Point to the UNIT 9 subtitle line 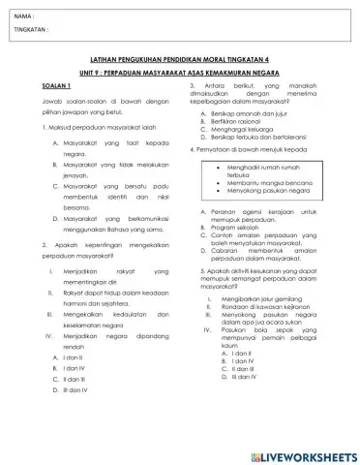(179, 72)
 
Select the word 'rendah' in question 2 (75, 372)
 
